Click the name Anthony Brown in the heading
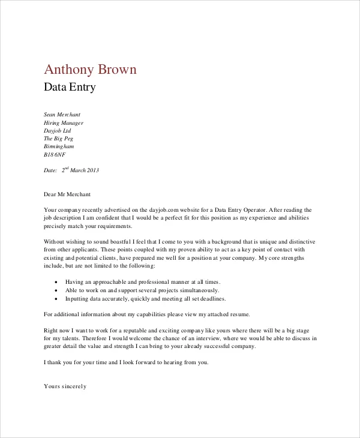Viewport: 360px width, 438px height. [91, 70]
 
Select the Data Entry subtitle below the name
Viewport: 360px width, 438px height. [70, 88]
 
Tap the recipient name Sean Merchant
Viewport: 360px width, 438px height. [62, 114]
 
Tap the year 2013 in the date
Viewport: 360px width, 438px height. [92, 170]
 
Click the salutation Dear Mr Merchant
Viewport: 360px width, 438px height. [67, 194]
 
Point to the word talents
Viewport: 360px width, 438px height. [68, 338]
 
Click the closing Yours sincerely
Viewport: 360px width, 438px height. [65, 386]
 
